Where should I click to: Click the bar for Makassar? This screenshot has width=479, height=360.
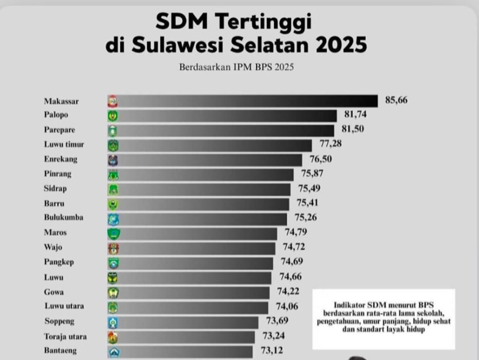244,101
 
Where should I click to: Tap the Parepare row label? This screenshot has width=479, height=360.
60,130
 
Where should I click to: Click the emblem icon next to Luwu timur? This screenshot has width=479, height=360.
113,145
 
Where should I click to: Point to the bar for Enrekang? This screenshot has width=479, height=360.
207,160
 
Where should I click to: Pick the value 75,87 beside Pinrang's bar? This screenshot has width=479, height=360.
311,174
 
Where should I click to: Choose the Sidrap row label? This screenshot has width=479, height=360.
55,188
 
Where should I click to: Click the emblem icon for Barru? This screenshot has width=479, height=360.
113,203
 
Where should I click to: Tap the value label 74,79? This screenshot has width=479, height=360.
296,232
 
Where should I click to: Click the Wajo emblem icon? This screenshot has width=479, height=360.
113,248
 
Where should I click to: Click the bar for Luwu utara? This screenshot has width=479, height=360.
189,306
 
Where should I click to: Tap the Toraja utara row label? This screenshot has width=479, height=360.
65,336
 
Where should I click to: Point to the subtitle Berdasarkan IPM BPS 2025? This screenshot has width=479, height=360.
236,67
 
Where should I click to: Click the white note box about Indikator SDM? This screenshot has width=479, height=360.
383,318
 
